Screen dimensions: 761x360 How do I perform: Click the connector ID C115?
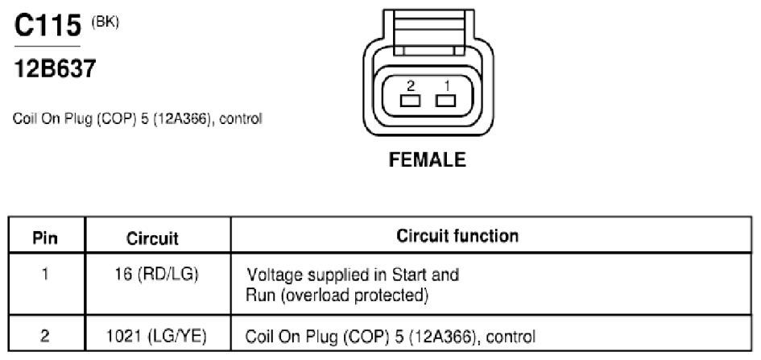tap(48, 25)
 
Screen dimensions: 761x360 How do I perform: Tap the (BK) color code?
tap(105, 23)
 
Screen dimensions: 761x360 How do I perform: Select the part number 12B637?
tap(56, 68)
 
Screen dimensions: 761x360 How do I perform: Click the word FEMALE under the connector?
tap(427, 159)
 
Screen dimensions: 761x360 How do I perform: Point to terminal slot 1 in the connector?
tap(445, 101)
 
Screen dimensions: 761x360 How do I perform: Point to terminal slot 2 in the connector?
tap(410, 101)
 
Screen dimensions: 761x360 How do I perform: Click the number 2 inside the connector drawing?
tap(411, 86)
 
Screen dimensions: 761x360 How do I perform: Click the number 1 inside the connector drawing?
tap(446, 86)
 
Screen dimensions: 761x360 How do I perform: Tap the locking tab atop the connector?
tap(428, 32)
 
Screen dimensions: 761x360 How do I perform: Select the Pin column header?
tap(45, 238)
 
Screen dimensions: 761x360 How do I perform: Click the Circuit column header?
tap(152, 238)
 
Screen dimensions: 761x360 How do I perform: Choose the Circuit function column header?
tap(457, 236)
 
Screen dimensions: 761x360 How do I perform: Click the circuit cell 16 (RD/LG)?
tap(157, 275)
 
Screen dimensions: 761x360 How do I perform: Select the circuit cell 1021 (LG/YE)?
tap(156, 336)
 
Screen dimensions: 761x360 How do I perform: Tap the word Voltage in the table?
tap(275, 275)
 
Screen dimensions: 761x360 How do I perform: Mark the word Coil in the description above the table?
tap(24, 119)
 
